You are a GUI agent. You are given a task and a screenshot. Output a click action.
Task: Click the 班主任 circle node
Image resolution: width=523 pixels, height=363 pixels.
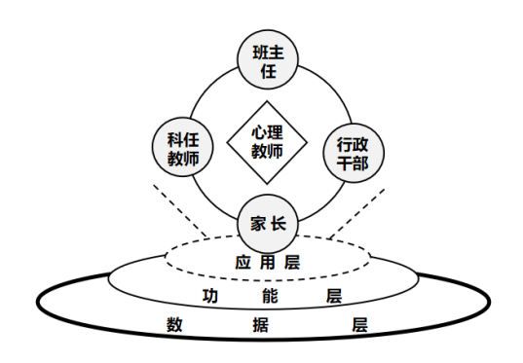[x=268, y=59]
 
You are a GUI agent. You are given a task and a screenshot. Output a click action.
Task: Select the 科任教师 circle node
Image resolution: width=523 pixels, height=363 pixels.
[x=183, y=147]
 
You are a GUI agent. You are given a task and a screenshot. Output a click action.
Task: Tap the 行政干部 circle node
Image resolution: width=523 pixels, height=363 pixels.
[x=354, y=153]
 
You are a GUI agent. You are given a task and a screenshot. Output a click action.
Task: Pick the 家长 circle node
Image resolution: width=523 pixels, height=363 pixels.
[x=268, y=224]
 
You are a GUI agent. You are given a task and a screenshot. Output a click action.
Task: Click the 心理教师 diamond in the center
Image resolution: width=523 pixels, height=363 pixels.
[x=267, y=142]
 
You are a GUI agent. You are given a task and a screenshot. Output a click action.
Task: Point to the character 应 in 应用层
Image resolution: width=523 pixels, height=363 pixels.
[x=243, y=263]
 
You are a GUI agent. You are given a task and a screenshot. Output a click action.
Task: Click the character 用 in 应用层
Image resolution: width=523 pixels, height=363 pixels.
[x=267, y=263]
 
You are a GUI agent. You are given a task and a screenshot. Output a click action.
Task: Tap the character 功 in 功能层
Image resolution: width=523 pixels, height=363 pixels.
[x=210, y=296]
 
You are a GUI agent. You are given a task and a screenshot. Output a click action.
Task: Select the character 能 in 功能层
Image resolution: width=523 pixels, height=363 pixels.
[x=270, y=296]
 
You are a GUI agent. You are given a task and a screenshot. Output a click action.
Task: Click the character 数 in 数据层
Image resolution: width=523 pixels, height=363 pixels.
[x=174, y=325]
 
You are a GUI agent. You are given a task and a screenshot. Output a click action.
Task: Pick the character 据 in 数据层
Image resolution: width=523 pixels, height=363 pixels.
[x=260, y=325]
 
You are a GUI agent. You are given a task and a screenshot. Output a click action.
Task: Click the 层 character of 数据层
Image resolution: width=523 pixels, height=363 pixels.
[x=360, y=325]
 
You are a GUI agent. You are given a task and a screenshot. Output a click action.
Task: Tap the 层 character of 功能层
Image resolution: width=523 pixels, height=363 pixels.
[x=334, y=296]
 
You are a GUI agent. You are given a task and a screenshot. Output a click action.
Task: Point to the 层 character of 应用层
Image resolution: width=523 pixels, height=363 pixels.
[x=292, y=263]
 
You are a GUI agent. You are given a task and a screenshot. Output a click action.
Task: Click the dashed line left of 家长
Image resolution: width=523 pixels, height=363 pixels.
[x=180, y=210]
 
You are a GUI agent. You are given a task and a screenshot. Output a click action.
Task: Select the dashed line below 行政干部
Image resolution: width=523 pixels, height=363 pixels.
[x=357, y=214]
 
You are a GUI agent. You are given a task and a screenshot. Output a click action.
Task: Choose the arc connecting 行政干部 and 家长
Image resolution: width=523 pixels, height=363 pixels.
[x=326, y=205]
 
